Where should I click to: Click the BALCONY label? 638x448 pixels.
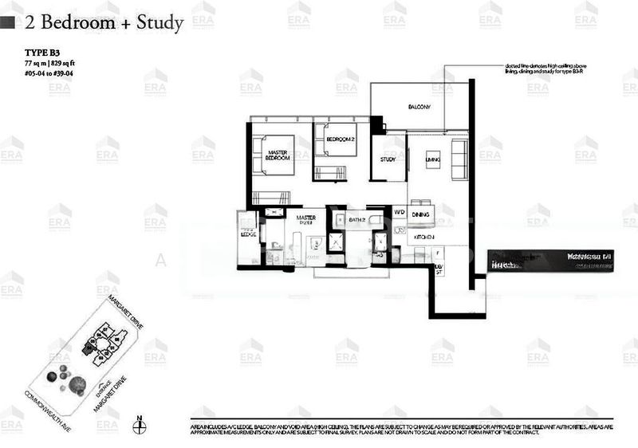pyautogui.click(x=419, y=107)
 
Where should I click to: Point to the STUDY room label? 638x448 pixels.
pyautogui.click(x=388, y=159)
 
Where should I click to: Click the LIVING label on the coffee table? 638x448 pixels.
pyautogui.click(x=433, y=159)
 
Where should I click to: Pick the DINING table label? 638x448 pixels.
pyautogui.click(x=421, y=214)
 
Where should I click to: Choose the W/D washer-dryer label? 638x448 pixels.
pyautogui.click(x=399, y=213)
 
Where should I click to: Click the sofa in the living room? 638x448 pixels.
pyautogui.click(x=459, y=159)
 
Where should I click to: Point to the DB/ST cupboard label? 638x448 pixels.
pyautogui.click(x=437, y=269)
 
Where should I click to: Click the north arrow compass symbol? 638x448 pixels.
pyautogui.click(x=139, y=422)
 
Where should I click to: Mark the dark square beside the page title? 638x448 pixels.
pyautogui.click(x=8, y=23)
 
